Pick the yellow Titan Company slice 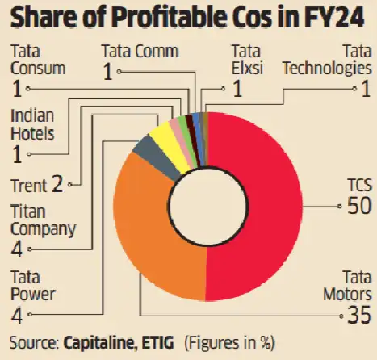coord(166,136)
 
